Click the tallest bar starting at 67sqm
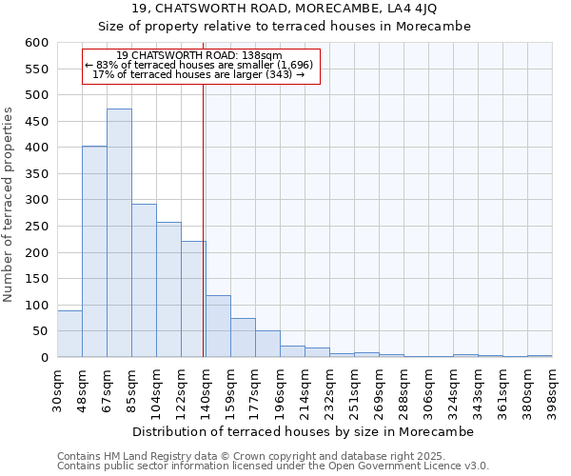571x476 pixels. point(119,233)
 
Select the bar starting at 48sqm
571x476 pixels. point(94,251)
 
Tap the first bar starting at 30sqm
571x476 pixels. point(69,334)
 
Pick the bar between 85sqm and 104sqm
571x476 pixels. point(144,281)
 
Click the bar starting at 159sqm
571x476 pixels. point(243,338)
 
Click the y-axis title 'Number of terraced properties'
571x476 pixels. point(10,205)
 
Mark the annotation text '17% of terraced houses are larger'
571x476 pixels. point(199,74)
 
